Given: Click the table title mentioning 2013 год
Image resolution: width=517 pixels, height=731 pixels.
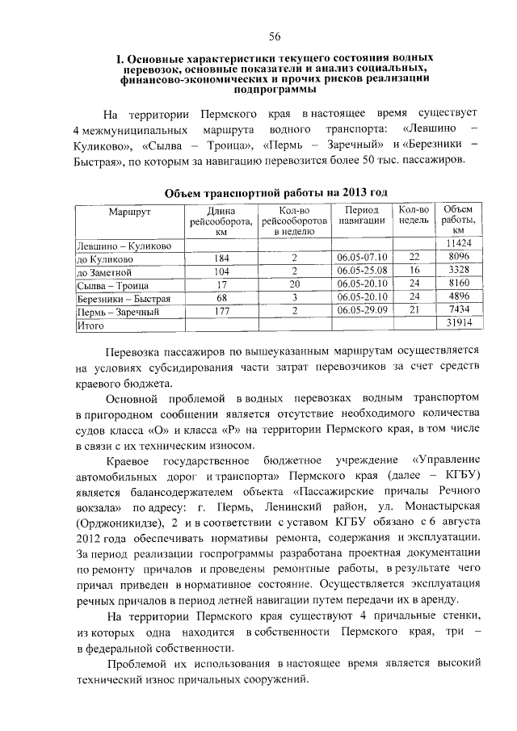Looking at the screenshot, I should coord(275,193).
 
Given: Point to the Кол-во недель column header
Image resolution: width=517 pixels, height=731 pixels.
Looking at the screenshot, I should coord(414,214).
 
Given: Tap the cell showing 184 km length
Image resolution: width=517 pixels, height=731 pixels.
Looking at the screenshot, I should coord(221,257).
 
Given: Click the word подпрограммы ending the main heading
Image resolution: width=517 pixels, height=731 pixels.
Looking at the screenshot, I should coord(275,91).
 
